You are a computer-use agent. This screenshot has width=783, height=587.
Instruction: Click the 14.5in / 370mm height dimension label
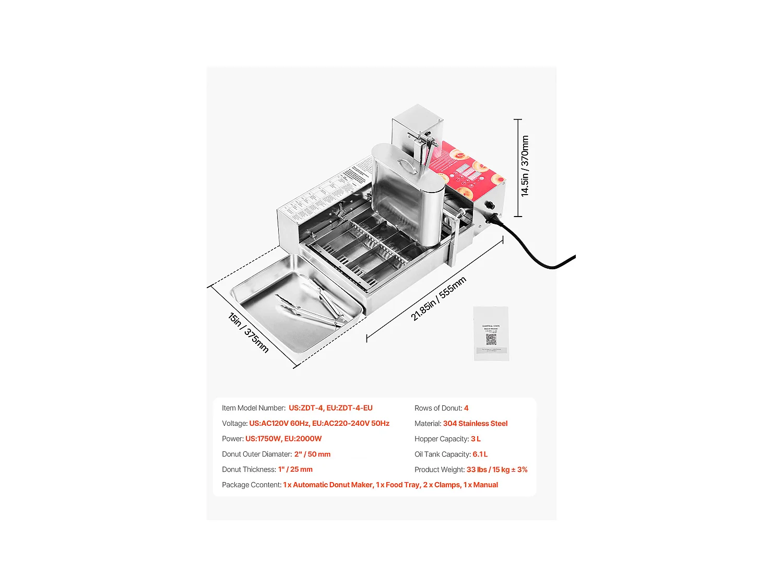click(525, 166)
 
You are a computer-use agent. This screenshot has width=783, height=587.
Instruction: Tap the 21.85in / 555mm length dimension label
click(438, 298)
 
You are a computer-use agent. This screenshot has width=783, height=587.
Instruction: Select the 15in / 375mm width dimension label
click(248, 332)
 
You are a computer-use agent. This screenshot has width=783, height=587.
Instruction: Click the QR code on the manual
click(491, 340)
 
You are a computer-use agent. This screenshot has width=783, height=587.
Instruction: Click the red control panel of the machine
click(467, 170)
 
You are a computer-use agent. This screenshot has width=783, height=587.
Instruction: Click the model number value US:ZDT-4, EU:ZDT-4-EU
click(330, 408)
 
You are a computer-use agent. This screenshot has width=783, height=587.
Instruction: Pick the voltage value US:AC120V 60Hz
click(279, 424)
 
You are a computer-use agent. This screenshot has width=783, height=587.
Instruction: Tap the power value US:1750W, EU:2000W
click(283, 439)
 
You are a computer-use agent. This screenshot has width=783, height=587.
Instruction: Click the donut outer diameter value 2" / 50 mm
click(312, 454)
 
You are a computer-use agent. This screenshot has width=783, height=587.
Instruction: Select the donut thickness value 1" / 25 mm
click(295, 470)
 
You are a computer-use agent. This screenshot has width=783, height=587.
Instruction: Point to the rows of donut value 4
click(466, 408)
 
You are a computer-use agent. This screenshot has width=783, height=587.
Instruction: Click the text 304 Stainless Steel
click(475, 424)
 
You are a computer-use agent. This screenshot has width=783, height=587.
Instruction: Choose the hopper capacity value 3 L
click(476, 439)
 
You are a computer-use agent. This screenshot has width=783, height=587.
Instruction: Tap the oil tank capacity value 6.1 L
click(480, 454)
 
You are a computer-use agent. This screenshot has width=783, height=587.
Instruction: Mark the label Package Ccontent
click(251, 485)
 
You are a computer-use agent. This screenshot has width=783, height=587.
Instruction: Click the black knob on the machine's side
click(491, 206)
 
